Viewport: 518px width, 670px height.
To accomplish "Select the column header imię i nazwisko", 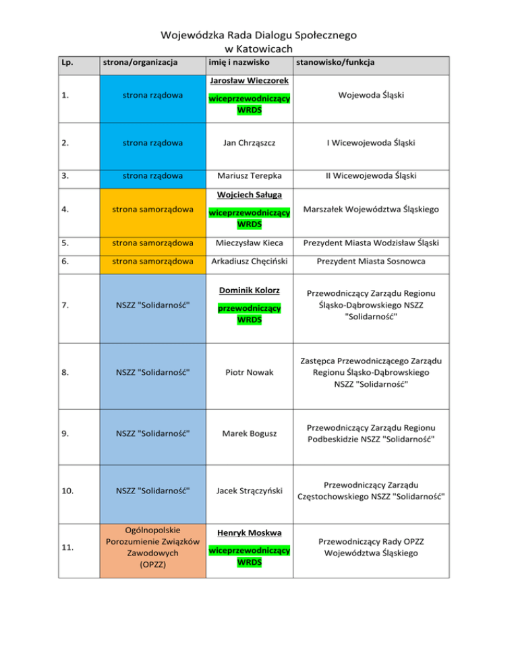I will [x=239, y=63].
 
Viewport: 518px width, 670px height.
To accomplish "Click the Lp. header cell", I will [x=67, y=63].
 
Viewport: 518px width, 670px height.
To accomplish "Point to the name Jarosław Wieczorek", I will [x=250, y=81].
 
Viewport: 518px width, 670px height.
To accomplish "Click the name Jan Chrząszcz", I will [x=250, y=143].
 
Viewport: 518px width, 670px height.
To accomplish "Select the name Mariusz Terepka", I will [x=250, y=177].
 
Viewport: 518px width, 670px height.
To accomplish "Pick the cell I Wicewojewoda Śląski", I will [x=370, y=143].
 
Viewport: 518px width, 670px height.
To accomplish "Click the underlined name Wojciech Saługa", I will [x=250, y=195].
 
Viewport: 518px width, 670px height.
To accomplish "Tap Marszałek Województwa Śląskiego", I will [x=370, y=210].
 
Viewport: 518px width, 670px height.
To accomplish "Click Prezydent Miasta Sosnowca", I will [x=370, y=262].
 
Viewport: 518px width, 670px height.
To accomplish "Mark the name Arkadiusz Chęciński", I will [x=250, y=262].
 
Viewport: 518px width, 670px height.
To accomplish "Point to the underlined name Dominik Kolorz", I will [x=250, y=291].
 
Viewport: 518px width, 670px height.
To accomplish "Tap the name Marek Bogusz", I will [x=250, y=434].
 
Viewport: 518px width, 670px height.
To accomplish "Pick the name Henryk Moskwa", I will [x=250, y=532].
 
